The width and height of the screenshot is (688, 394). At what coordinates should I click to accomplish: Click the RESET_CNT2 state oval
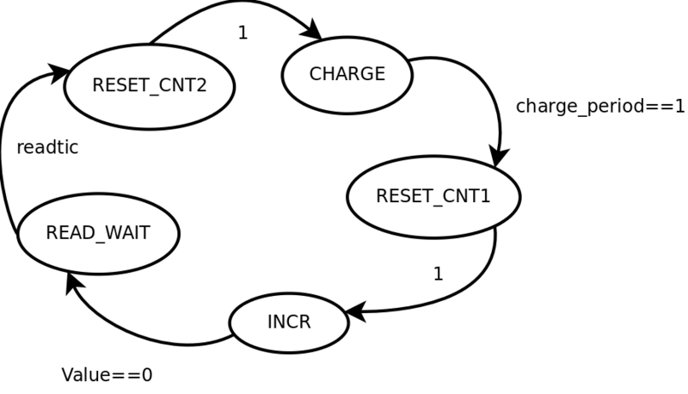(150, 86)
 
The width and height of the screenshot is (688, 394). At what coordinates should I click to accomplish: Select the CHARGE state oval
(347, 74)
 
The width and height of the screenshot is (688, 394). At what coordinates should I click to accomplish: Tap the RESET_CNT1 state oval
(433, 196)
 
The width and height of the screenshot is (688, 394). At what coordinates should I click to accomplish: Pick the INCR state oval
(289, 323)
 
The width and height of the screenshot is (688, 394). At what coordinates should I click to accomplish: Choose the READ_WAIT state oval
(98, 233)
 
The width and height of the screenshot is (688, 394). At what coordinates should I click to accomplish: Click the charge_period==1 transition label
(600, 107)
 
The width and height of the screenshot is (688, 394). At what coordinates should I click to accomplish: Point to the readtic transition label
(47, 148)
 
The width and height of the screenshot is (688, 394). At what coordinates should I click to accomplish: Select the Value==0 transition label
(107, 376)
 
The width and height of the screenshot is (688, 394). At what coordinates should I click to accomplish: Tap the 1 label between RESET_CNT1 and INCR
(438, 274)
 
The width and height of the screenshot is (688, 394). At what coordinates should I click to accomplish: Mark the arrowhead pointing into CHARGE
(311, 32)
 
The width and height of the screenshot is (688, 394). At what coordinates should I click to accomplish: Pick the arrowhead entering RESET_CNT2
(60, 71)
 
